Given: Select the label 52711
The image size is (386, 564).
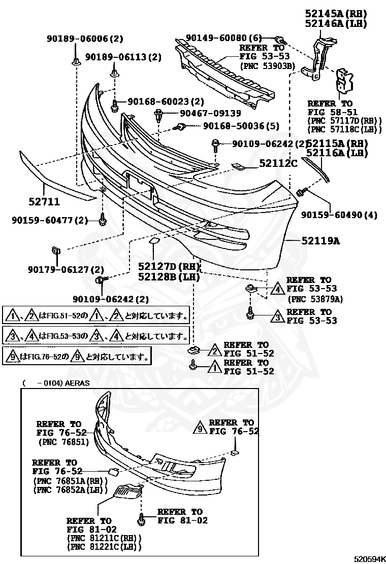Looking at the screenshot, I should point(44,202).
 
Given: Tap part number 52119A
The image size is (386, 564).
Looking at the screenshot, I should point(319,241).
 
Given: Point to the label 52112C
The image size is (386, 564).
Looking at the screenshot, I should point(278,163).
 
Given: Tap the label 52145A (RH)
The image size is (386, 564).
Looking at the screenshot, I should point(336,14).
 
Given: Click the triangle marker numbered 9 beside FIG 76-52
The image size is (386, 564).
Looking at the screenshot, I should point(200,431).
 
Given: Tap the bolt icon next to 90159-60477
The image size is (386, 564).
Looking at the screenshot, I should point(103,220).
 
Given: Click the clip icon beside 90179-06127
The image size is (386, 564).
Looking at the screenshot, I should point(56,250).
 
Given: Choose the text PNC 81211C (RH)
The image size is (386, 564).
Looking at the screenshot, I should point(104,538).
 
